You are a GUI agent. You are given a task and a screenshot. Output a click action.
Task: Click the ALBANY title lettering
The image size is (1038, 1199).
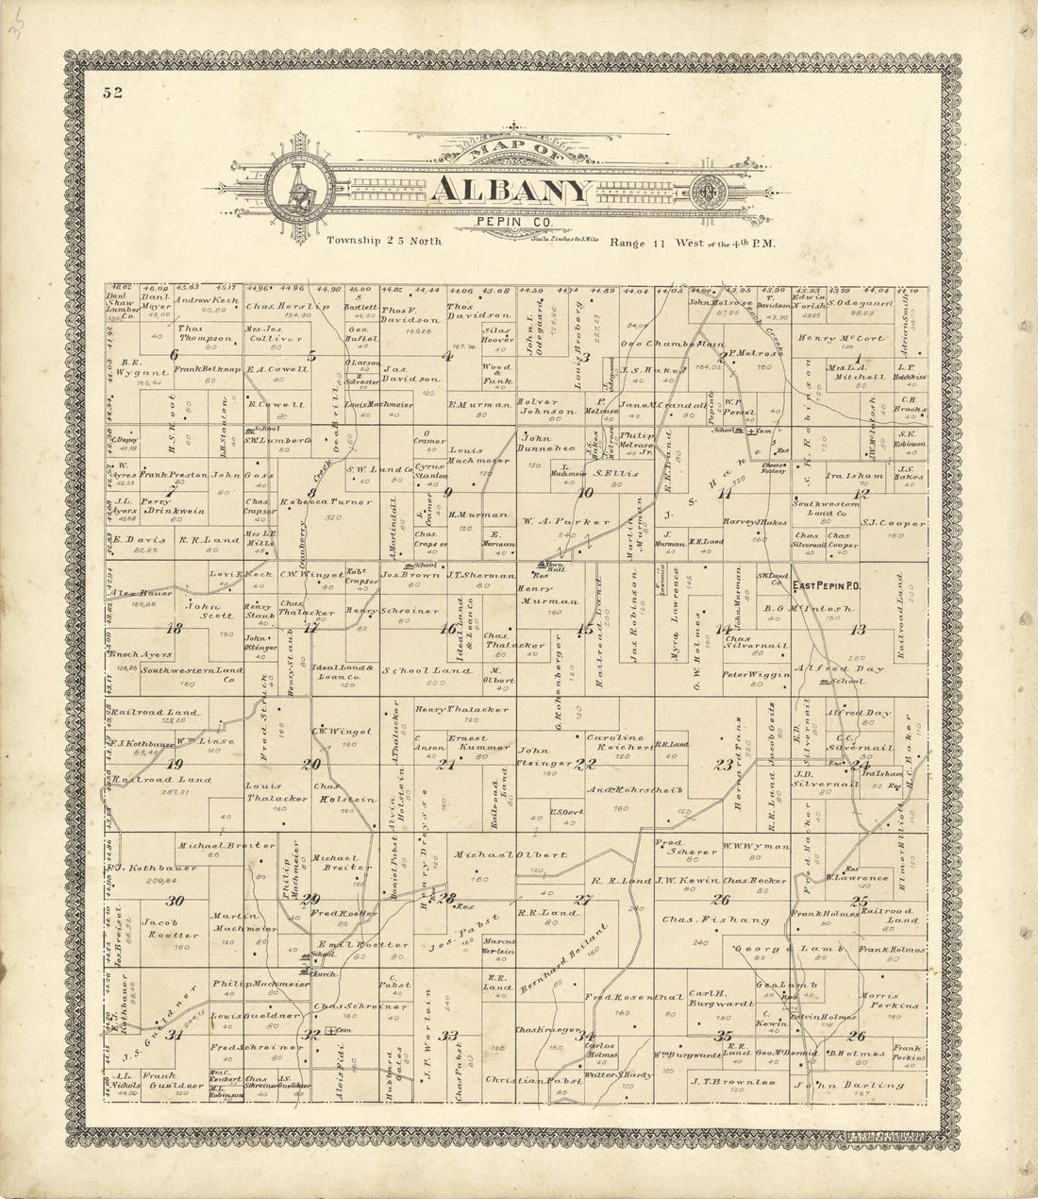(x=511, y=191)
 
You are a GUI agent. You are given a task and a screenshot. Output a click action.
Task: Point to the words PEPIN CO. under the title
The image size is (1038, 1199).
(x=511, y=221)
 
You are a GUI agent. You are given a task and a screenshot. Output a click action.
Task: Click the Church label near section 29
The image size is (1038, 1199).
(x=324, y=973)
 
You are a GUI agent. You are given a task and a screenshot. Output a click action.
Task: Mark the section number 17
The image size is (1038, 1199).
(x=310, y=626)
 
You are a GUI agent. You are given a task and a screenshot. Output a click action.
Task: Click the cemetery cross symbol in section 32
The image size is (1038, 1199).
(x=330, y=1030)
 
